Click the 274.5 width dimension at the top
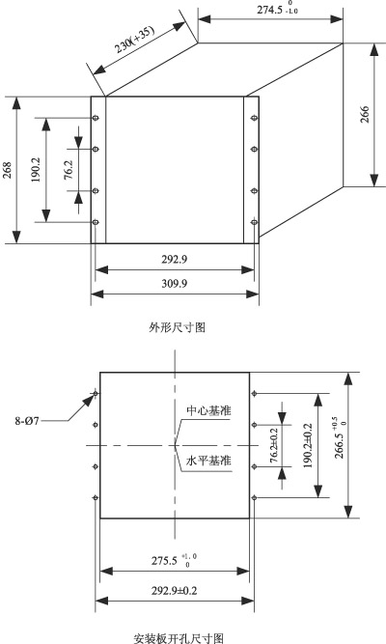[x=277, y=9]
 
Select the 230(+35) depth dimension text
[x=134, y=40]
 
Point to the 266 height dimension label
[x=365, y=114]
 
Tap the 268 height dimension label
[x=8, y=170]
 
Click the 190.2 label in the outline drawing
[x=37, y=170]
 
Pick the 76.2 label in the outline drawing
[x=69, y=170]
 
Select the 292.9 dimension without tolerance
[x=175, y=259]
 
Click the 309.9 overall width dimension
[x=175, y=284]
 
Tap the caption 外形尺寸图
[x=177, y=327]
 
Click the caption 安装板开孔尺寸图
[x=179, y=638]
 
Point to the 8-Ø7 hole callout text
[x=27, y=421]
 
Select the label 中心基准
[x=208, y=410]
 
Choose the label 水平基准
[x=208, y=461]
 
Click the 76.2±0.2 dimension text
[x=274, y=445]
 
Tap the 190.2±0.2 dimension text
[x=308, y=446]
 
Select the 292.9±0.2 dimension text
[x=174, y=591]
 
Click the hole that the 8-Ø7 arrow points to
[x=96, y=394]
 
